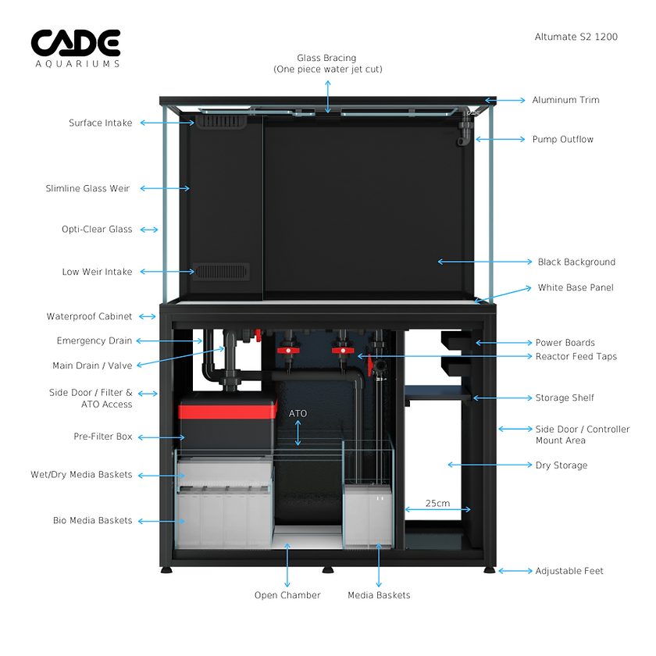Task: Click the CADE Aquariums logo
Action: (x=76, y=48)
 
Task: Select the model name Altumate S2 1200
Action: (x=576, y=37)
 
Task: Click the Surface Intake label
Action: (x=101, y=123)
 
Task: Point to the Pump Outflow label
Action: (x=562, y=139)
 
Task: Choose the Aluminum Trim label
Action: (x=565, y=100)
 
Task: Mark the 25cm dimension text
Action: (x=437, y=503)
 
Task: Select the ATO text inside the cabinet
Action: (x=298, y=412)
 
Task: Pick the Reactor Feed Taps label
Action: (x=576, y=356)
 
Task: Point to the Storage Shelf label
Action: (x=565, y=398)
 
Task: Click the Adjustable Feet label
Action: (x=569, y=571)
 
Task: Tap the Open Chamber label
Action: (x=287, y=595)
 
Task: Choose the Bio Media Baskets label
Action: (x=92, y=520)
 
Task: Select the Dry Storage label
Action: (x=561, y=465)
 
